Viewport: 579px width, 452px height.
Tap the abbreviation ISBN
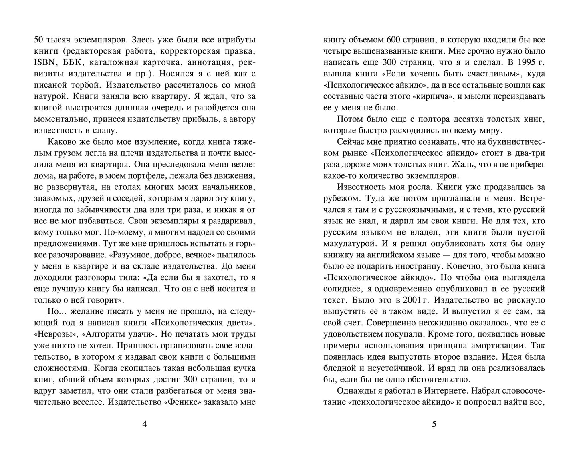tap(43, 63)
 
